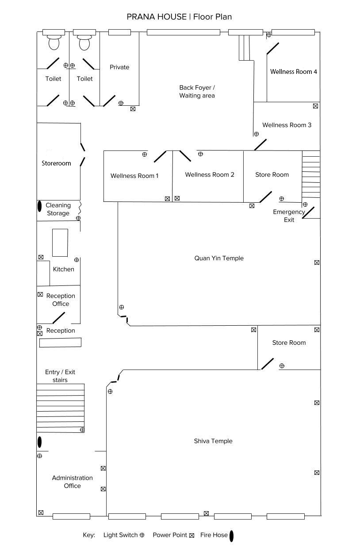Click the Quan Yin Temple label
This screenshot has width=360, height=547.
219,258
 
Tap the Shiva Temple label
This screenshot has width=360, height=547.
213,441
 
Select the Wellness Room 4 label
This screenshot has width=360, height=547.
294,72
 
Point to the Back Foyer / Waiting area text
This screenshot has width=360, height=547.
197,92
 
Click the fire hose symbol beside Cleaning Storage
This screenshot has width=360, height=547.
39,206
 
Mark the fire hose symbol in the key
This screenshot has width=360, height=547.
231,536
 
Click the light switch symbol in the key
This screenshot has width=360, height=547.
142,535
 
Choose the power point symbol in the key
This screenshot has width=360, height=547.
192,535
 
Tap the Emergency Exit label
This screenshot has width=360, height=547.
289,216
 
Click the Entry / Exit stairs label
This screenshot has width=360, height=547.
60,376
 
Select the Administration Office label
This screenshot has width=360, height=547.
72,482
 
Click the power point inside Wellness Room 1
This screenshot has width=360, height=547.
167,199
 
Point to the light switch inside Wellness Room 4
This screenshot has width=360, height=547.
269,35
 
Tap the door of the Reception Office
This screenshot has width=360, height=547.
59,318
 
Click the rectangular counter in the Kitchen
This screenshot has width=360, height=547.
60,243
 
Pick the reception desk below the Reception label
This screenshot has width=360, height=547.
60,343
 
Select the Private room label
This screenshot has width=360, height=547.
119,67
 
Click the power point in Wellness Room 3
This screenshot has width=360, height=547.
315,106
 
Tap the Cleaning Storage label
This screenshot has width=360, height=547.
58,209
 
